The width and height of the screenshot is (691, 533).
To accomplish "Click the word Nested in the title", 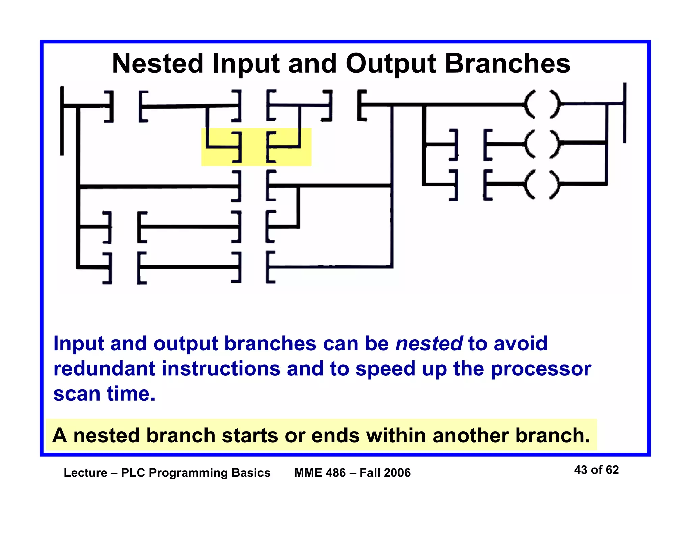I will point(158,64).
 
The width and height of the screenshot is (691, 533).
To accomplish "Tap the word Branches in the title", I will point(507,64).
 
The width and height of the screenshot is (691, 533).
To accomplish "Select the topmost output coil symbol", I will point(542,104).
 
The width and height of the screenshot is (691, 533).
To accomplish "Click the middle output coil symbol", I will point(542,144).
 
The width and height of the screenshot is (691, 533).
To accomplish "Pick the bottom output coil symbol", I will point(542,185).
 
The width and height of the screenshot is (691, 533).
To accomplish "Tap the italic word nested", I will point(429,343).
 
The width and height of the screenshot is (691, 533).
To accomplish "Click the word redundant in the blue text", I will point(104,369).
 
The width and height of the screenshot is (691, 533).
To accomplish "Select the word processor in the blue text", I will point(541,369).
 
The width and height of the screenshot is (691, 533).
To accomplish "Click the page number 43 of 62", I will point(596,470).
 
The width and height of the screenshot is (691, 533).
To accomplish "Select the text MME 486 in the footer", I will point(320,473).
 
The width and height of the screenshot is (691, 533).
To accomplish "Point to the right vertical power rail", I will point(624,113).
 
